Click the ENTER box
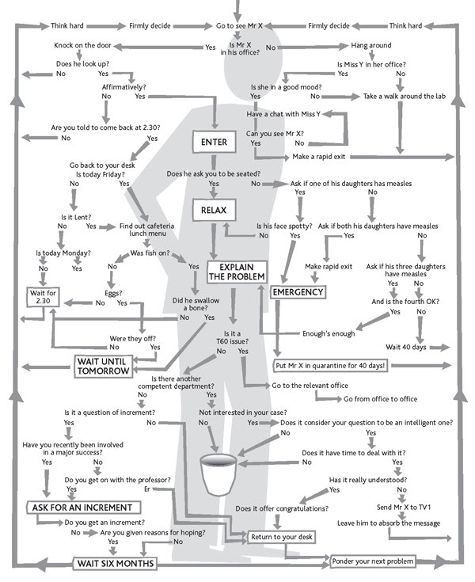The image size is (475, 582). tap(214, 143)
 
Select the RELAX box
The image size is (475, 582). tap(214, 210)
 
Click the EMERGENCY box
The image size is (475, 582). tap(298, 292)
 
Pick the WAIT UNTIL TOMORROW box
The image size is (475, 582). tap(103, 367)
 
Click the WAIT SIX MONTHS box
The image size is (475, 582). tap(114, 564)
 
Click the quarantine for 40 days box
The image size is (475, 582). tap(331, 366)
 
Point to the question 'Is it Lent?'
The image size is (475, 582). tap(74, 216)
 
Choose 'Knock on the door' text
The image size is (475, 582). tap(76, 48)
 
